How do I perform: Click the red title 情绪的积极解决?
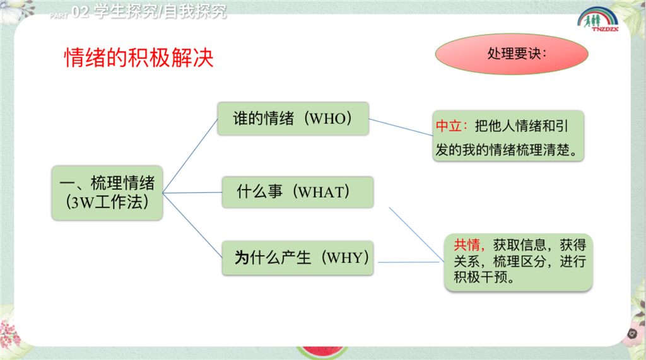click(139, 57)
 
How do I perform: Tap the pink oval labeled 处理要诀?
click(512, 54)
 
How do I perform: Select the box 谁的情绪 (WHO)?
click(293, 119)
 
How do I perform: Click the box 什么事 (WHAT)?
click(298, 192)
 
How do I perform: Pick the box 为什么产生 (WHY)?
click(298, 258)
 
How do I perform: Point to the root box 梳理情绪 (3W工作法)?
click(107, 193)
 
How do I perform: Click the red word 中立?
click(449, 125)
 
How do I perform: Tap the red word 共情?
click(467, 245)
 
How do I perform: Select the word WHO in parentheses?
click(327, 119)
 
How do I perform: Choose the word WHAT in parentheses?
click(321, 192)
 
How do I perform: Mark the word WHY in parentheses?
click(345, 258)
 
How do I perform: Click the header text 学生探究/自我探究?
click(160, 11)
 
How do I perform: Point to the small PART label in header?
click(59, 16)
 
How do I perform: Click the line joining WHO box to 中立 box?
click(401, 127)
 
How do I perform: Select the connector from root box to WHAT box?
click(192, 192)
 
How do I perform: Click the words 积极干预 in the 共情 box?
click(480, 277)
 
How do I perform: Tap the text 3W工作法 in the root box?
click(107, 202)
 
